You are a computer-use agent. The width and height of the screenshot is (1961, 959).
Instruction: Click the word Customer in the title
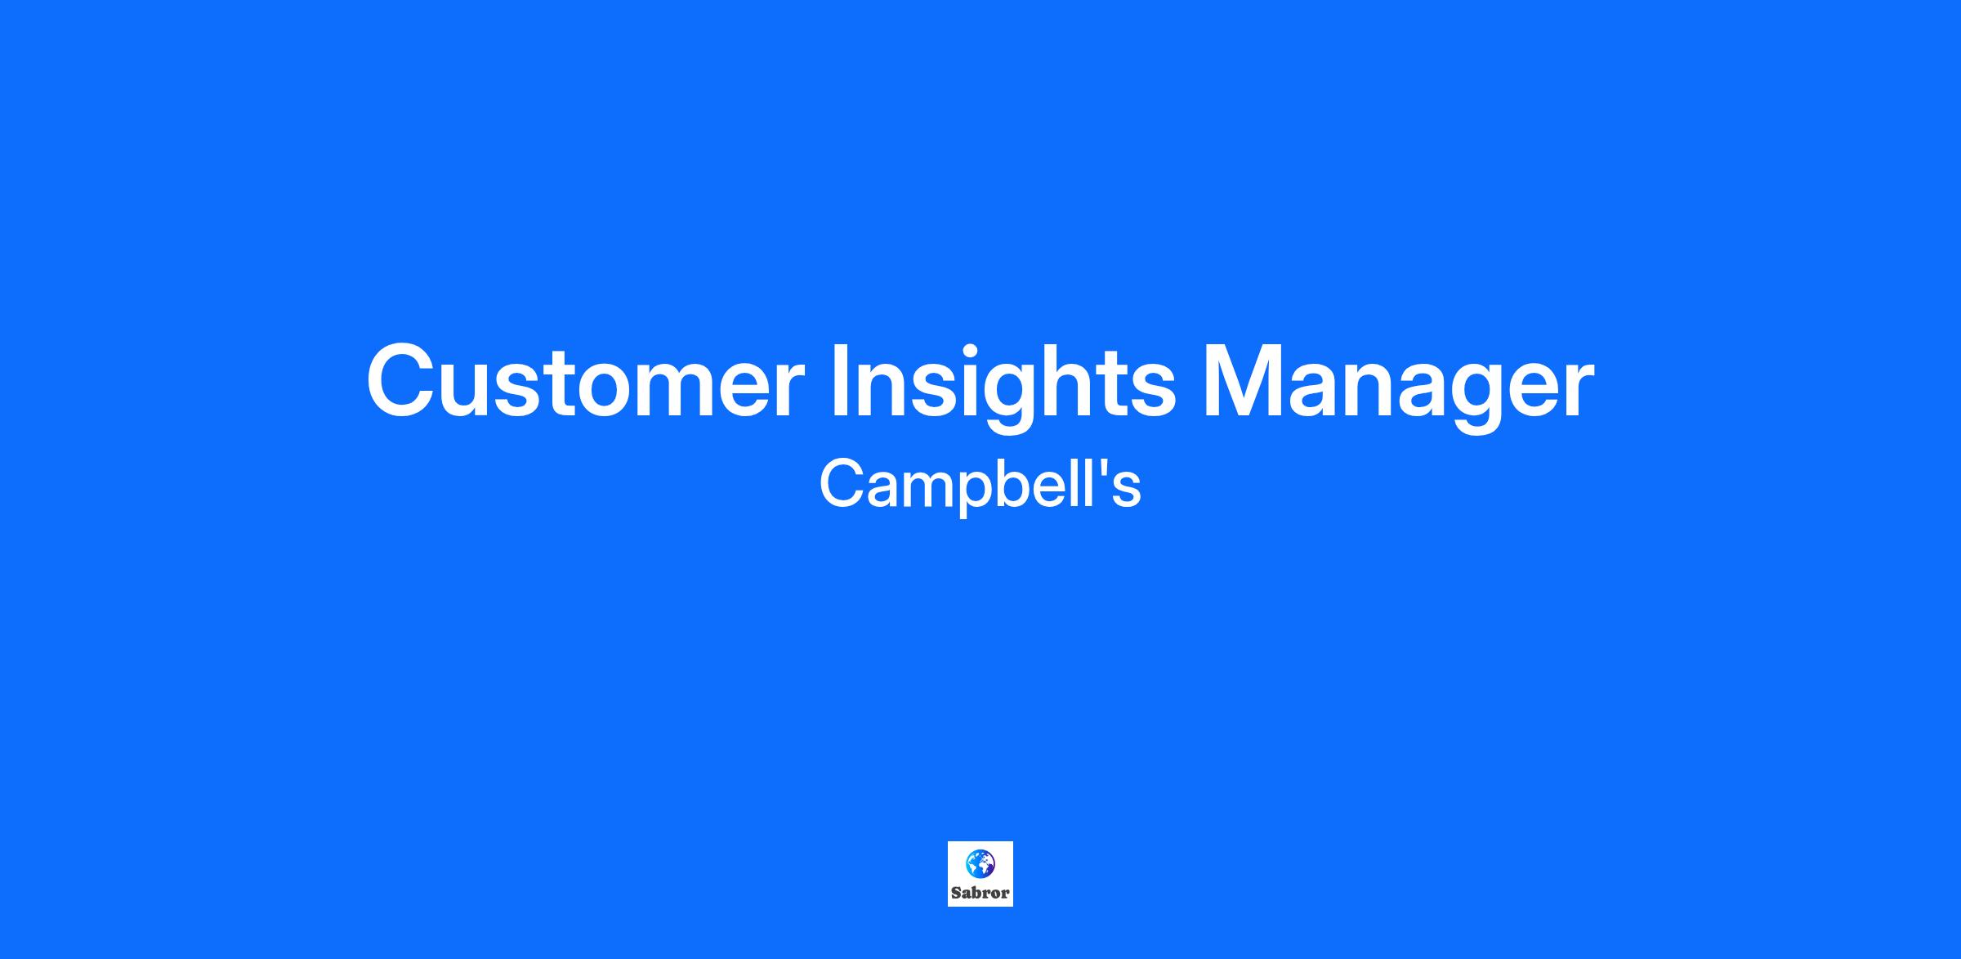click(585, 381)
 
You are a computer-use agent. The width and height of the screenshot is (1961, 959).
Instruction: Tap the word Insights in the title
click(1003, 385)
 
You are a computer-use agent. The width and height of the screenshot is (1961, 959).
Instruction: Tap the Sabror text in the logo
click(980, 894)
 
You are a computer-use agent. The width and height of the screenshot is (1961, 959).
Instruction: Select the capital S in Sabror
click(956, 894)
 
